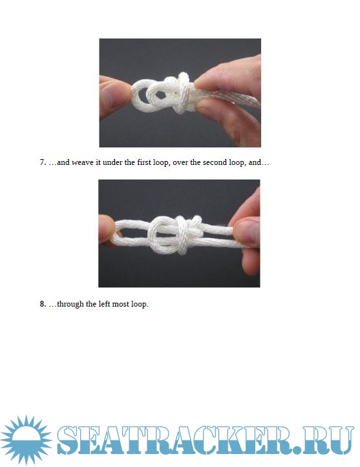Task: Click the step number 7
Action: tap(43, 162)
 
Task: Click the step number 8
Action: tap(43, 304)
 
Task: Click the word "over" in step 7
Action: tap(179, 163)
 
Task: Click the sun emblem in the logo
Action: tap(26, 440)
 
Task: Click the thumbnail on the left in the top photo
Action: tap(109, 95)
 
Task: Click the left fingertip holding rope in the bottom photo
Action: tap(107, 230)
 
